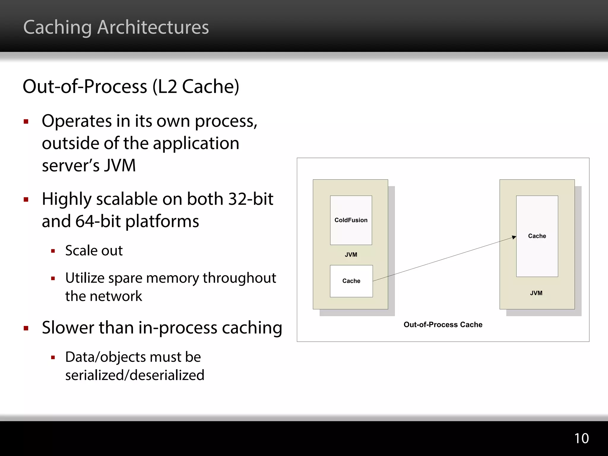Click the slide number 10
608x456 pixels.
point(581,438)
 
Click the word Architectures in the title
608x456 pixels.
point(153,27)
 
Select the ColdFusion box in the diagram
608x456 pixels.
point(351,220)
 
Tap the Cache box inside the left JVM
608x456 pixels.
point(351,281)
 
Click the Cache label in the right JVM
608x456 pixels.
point(537,236)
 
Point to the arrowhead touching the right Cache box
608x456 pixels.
point(514,237)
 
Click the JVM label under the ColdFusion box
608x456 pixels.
point(351,255)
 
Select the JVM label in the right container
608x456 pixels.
point(536,293)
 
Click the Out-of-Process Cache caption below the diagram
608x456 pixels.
point(443,324)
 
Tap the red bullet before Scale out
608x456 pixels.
point(53,251)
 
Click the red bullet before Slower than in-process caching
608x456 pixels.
point(26,328)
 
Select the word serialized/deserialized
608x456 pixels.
point(135,375)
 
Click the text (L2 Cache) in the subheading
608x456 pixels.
point(196,87)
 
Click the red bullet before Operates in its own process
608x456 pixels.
point(26,121)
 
